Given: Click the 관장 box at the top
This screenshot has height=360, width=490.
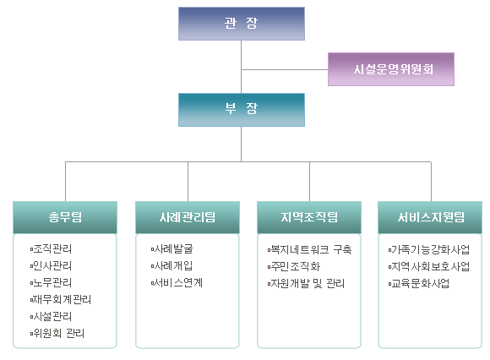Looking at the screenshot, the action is (242, 24).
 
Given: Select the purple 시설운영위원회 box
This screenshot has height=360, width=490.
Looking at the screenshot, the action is (391, 69).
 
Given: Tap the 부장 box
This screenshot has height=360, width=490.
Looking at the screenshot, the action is (242, 110).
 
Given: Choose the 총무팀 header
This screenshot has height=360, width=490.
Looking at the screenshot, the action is (65, 217).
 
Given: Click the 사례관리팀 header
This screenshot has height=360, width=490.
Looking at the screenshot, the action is (188, 217).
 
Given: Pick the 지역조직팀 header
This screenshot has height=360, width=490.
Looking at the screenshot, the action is (309, 217).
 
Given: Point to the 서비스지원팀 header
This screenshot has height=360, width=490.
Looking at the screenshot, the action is (430, 217).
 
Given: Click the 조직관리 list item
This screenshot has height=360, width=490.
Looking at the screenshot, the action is (51, 249).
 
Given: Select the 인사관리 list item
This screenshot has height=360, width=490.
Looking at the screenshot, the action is (51, 266).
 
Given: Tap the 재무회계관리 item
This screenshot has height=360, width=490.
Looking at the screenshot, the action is (61, 300).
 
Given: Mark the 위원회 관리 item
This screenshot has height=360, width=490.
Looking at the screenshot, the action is (57, 334).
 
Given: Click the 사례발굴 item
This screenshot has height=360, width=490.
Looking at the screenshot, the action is (171, 249).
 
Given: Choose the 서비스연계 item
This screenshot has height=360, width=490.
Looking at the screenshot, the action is (177, 283).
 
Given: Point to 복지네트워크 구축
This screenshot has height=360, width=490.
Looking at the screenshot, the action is (310, 249).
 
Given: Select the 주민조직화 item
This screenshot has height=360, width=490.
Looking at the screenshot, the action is (294, 266).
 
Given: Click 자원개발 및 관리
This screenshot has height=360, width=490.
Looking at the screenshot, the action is (306, 284).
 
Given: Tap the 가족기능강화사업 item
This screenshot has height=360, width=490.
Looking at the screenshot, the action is (429, 249).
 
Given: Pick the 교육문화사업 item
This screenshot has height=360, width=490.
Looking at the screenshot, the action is (419, 284).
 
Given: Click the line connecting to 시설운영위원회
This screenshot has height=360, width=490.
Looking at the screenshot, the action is (285, 69).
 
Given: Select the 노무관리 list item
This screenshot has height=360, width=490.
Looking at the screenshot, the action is (51, 283).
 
